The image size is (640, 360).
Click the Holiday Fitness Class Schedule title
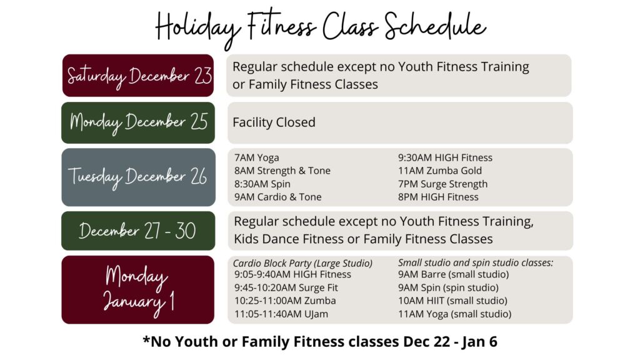[x=321, y=27]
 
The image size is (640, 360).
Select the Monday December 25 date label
[x=138, y=123]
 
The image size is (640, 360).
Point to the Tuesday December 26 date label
[x=138, y=177]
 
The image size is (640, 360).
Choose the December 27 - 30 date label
[x=138, y=231]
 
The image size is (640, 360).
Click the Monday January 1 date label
[x=138, y=290]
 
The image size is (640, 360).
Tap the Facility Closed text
[x=274, y=122]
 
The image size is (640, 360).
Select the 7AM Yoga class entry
[x=257, y=157]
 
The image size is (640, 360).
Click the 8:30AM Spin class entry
[x=262, y=184]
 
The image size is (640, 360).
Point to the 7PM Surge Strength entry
[x=443, y=184]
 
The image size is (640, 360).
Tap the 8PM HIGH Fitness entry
[x=438, y=197]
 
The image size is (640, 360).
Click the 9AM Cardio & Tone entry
[x=278, y=197]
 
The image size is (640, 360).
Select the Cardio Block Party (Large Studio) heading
[x=303, y=263]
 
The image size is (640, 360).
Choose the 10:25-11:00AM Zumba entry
[x=285, y=301]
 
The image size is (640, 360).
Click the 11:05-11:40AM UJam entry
[x=281, y=314]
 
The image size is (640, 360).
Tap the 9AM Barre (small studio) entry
[x=454, y=274]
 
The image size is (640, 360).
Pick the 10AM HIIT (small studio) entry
[x=452, y=301]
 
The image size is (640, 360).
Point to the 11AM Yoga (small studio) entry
[x=455, y=314]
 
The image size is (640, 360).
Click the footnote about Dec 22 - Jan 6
[x=321, y=341]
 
